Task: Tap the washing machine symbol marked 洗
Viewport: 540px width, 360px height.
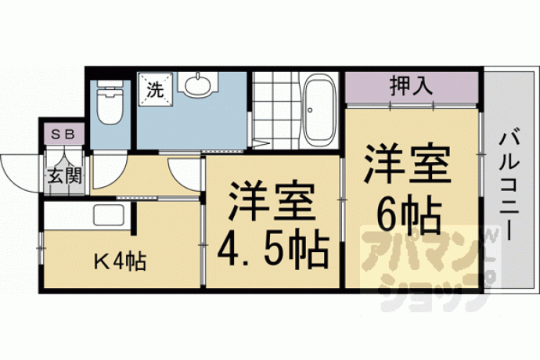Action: tap(155, 89)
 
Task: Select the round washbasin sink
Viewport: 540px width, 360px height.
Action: tap(198, 85)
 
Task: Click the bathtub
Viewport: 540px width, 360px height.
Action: tap(321, 113)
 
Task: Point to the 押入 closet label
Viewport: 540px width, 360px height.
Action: tap(411, 86)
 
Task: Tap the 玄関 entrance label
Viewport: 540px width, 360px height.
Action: tap(65, 175)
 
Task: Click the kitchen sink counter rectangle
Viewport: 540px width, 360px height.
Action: tap(110, 216)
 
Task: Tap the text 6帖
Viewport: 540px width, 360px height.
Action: tap(409, 216)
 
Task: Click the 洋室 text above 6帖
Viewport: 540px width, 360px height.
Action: tap(408, 164)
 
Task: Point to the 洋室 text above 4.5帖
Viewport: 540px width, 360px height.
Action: tap(272, 201)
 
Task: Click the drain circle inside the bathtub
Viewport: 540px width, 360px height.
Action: tap(310, 110)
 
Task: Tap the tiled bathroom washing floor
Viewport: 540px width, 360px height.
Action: tap(275, 110)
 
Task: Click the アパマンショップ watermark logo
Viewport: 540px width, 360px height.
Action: tap(430, 267)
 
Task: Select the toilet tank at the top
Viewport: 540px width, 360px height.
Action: tap(110, 84)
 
